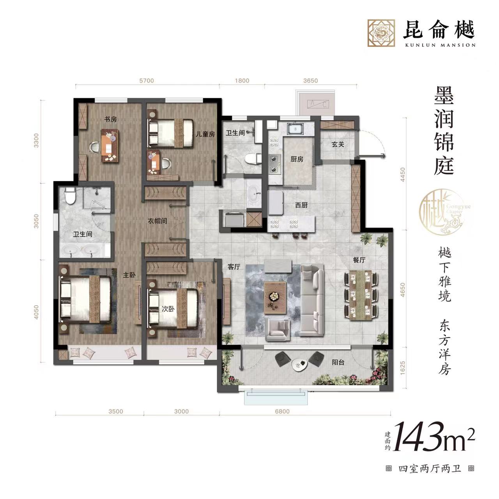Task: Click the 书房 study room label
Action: (x=111, y=119)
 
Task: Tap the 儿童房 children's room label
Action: (x=205, y=134)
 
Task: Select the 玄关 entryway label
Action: (x=338, y=145)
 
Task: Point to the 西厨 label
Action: (x=301, y=205)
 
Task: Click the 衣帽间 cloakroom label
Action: (x=157, y=221)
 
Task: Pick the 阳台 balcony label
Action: (x=338, y=363)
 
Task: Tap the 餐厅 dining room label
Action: (x=359, y=260)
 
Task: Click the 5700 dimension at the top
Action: (x=147, y=81)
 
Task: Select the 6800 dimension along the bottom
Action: (x=282, y=411)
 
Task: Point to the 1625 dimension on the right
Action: (x=403, y=369)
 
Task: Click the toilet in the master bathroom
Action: (x=70, y=196)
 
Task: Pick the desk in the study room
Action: (x=110, y=145)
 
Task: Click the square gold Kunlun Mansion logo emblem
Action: (x=381, y=33)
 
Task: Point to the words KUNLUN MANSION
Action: (x=439, y=45)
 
